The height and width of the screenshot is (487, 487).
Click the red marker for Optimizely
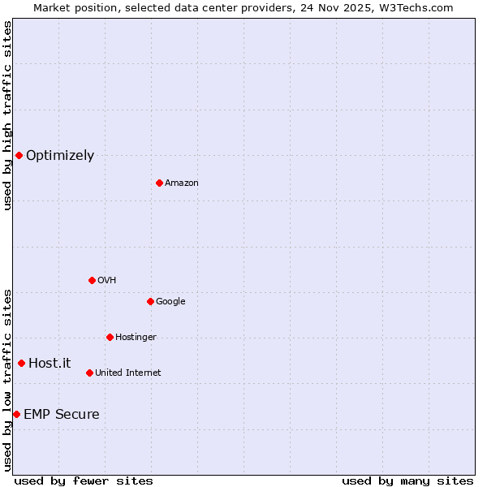[x=19, y=155]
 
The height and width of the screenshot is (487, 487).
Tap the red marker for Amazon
[x=159, y=183]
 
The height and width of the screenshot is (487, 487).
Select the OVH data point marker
[x=92, y=280]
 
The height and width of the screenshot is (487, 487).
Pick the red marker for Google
[x=150, y=301]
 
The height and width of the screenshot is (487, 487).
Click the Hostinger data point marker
[x=110, y=337]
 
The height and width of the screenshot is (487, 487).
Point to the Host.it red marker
[x=21, y=363]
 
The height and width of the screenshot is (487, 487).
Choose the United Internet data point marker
[x=89, y=373]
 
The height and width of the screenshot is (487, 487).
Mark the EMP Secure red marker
[x=16, y=414]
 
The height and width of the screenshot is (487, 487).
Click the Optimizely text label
[x=60, y=156]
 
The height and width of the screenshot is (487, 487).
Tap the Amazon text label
[x=182, y=183]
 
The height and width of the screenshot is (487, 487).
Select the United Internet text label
[x=128, y=373]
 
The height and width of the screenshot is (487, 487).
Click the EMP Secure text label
[x=62, y=415]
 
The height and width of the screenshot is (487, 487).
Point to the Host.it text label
[x=50, y=364]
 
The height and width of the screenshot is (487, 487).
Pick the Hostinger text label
[x=136, y=338]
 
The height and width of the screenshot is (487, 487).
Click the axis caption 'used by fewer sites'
[x=84, y=481]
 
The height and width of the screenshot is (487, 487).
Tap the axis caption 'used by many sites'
[x=407, y=481]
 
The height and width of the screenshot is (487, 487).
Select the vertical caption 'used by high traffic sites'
[x=7, y=115]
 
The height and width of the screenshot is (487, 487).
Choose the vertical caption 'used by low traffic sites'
[x=7, y=380]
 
